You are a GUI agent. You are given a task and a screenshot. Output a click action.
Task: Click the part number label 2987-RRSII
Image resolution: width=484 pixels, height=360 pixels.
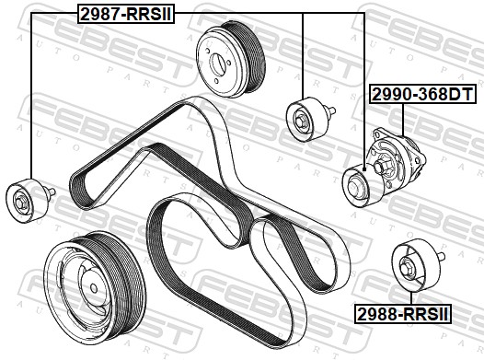[126, 14]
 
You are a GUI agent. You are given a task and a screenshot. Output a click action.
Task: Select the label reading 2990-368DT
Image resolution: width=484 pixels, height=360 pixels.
[422, 95]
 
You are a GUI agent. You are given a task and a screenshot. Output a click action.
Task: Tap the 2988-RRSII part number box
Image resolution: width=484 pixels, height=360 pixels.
[403, 314]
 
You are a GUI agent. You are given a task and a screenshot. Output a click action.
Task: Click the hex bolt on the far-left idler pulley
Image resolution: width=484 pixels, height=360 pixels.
[20, 203]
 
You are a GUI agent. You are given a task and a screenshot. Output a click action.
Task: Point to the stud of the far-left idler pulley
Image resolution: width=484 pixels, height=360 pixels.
[50, 192]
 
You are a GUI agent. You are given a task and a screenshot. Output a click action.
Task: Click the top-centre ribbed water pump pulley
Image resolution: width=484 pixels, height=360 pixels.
[231, 60]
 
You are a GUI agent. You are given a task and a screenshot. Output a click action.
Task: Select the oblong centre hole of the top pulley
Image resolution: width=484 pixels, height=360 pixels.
[217, 64]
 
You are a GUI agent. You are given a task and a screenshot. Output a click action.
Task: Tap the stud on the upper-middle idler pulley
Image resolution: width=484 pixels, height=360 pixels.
[330, 110]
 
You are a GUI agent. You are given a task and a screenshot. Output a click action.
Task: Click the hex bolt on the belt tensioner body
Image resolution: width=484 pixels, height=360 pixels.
[380, 167]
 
